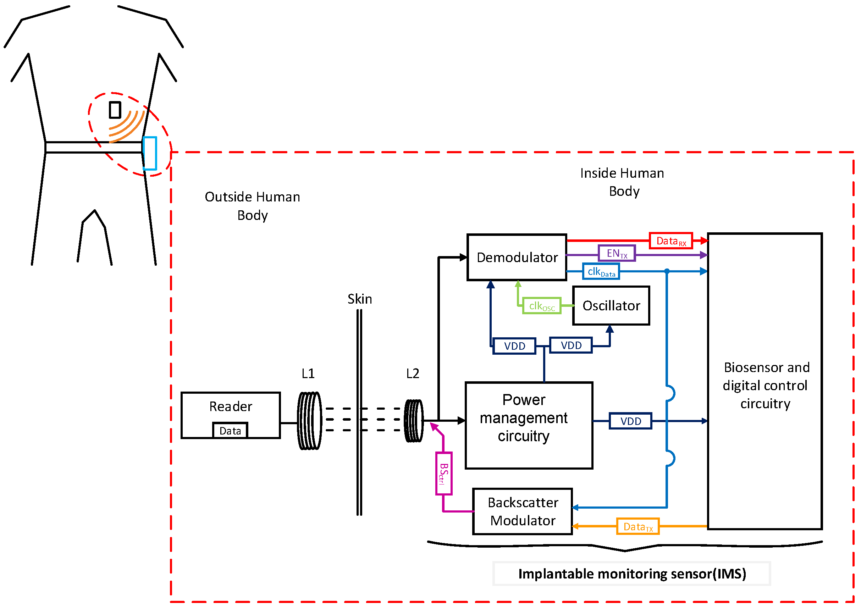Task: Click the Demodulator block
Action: [517, 257]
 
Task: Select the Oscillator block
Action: [611, 306]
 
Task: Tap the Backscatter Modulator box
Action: [522, 511]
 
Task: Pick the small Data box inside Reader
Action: [230, 431]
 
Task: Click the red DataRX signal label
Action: [670, 241]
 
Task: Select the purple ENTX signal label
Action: [617, 254]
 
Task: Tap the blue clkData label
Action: [601, 271]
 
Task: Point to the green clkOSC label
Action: [541, 306]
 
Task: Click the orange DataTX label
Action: [638, 527]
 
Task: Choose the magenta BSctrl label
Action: [443, 474]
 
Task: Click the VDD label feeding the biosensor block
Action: [630, 421]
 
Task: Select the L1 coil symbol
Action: [309, 421]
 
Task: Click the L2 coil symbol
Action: [414, 421]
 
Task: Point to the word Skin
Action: [360, 299]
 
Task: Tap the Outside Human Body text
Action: [252, 206]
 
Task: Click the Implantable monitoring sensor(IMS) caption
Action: [632, 574]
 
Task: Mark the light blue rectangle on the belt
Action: [150, 153]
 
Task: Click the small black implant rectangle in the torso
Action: [115, 110]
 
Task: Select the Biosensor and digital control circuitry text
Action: [765, 385]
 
